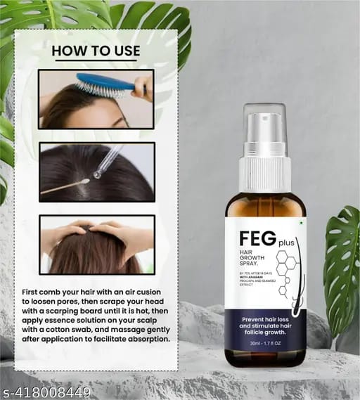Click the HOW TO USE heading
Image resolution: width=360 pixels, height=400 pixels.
(96, 51)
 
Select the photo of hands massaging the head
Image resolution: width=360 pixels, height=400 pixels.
(96, 244)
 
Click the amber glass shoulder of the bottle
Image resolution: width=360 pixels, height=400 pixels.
(265, 204)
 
